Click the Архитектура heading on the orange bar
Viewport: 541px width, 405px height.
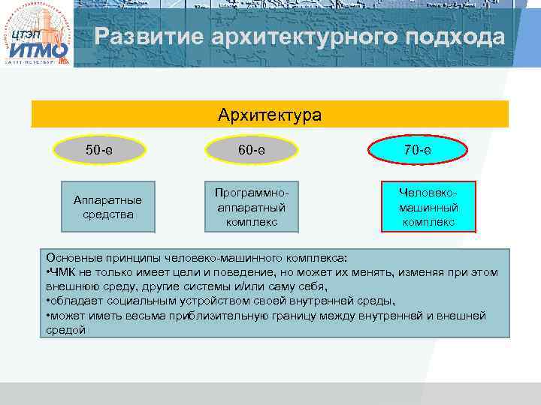pyautogui.click(x=270, y=115)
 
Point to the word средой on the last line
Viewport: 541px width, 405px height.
pyautogui.click(x=65, y=330)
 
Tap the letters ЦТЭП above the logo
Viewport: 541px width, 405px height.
pyautogui.click(x=24, y=35)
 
